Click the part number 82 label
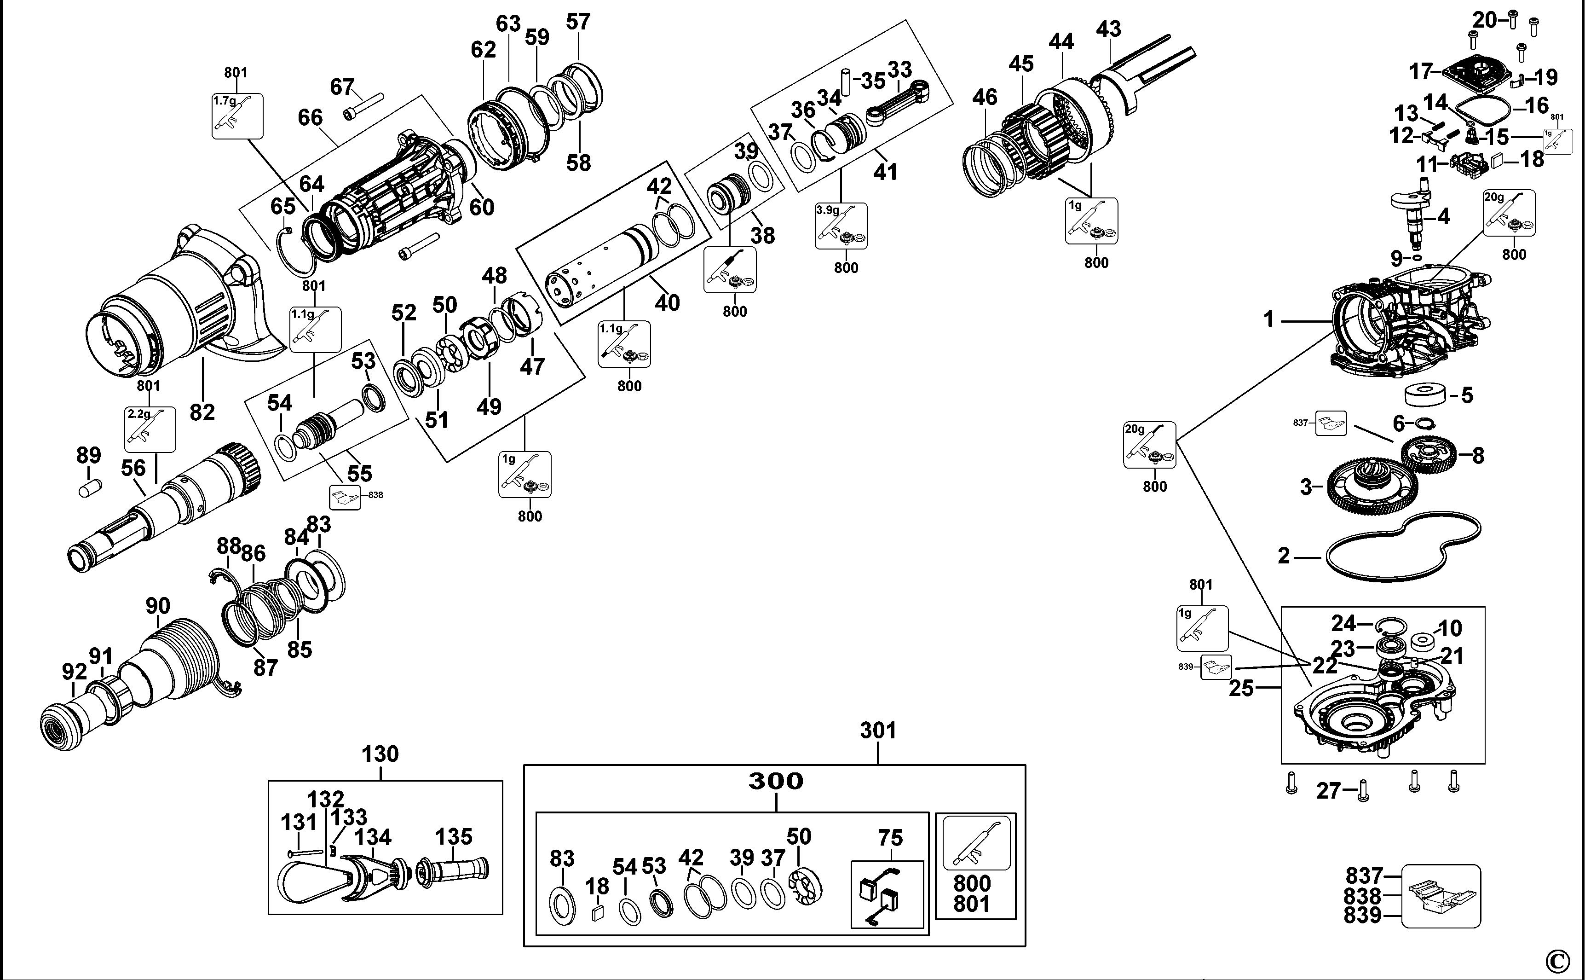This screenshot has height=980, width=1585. (x=202, y=412)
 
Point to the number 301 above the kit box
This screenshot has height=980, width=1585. (x=878, y=731)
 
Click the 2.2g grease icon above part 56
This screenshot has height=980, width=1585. (x=150, y=429)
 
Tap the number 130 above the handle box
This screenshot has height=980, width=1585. (x=380, y=754)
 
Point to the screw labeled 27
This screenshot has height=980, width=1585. (x=1362, y=791)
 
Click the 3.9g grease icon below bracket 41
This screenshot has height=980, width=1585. (x=841, y=226)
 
